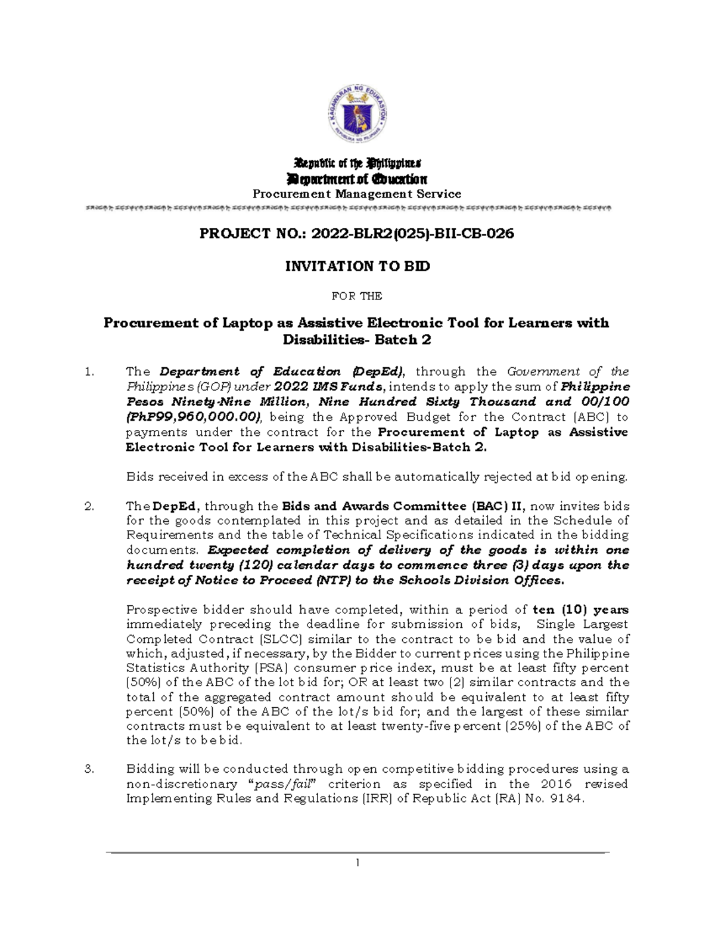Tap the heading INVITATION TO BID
tap(357, 267)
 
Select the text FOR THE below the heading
tap(357, 296)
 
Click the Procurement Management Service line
tap(357, 194)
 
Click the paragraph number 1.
tap(89, 372)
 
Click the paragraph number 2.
tap(89, 507)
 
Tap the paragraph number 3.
tap(89, 769)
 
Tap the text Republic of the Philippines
tap(357, 163)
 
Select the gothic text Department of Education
tap(357, 179)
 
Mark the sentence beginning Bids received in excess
tap(377, 477)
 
